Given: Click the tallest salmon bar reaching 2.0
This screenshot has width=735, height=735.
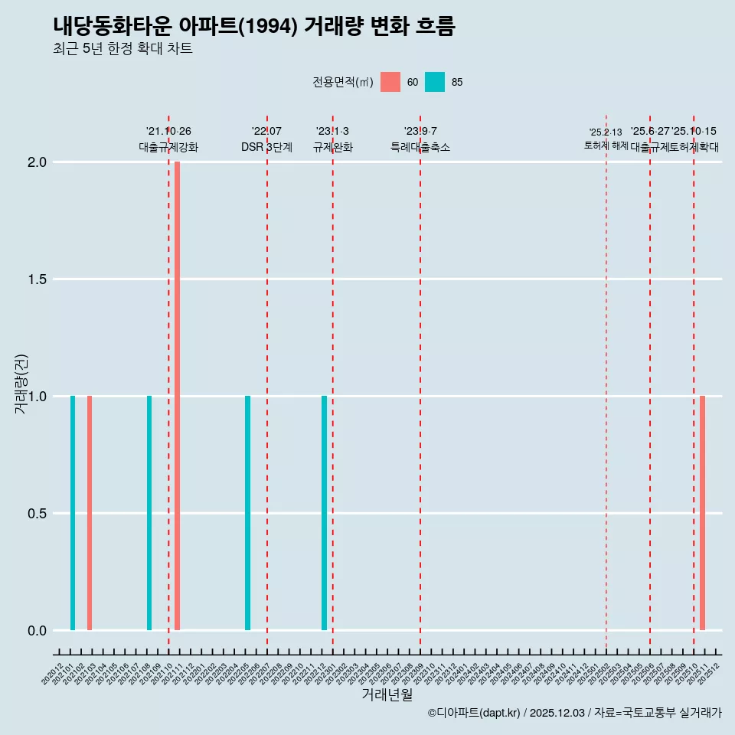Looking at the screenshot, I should coord(177,396).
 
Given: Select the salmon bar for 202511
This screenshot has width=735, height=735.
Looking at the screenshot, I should coord(702,513).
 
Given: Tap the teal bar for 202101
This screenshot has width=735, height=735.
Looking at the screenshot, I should coord(73,513).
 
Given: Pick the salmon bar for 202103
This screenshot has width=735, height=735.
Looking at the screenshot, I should coord(90,513).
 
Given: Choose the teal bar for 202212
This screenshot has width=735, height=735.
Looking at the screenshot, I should coord(324,513).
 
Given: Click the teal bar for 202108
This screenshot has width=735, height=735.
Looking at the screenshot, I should coord(149,513).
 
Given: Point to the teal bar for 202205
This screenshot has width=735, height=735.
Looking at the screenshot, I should coord(247,513).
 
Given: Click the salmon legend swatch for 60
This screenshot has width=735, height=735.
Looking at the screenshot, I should coord(390,82).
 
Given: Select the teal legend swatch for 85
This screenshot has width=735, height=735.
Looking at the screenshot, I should coord(435,82).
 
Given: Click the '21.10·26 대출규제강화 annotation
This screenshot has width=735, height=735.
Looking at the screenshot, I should coord(168,139).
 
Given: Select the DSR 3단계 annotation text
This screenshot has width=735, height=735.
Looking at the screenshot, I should coord(266,147).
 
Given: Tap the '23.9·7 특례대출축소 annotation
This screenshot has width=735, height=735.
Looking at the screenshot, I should coord(420,139).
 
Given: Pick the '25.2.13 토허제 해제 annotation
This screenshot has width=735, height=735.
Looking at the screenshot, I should coord(606,139).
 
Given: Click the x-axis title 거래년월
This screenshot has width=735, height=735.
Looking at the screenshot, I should coord(387,695).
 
